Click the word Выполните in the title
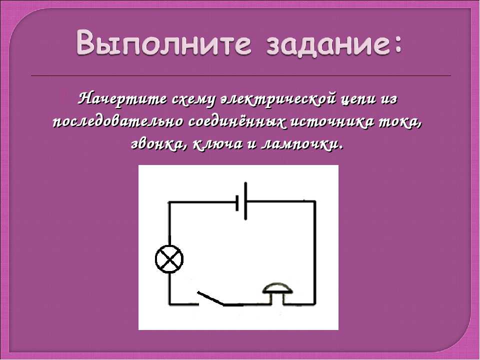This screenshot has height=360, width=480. tap(164, 43)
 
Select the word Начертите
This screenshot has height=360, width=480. tap(122, 99)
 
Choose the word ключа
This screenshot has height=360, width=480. tap(217, 144)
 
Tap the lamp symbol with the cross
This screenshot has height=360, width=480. tap(169, 259)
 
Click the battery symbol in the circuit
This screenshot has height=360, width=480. tap(241, 201)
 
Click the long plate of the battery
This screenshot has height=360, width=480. tap(245, 201)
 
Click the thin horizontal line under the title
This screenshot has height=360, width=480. tap(241, 75)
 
